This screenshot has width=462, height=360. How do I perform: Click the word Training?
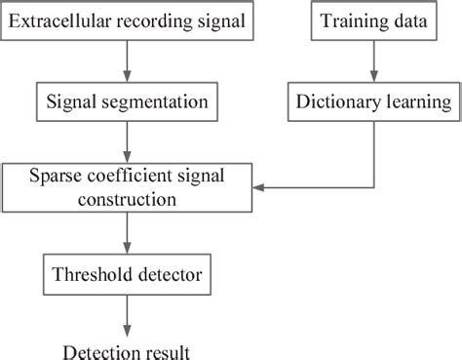[347, 20]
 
